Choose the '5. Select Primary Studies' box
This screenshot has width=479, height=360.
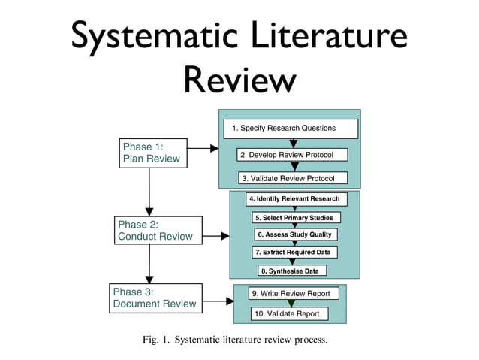click(293, 218)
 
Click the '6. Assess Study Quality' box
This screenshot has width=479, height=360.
click(293, 234)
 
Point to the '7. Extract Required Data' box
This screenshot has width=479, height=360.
click(294, 252)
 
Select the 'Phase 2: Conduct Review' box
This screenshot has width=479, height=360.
click(159, 231)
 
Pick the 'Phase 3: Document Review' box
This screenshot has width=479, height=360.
click(156, 298)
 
